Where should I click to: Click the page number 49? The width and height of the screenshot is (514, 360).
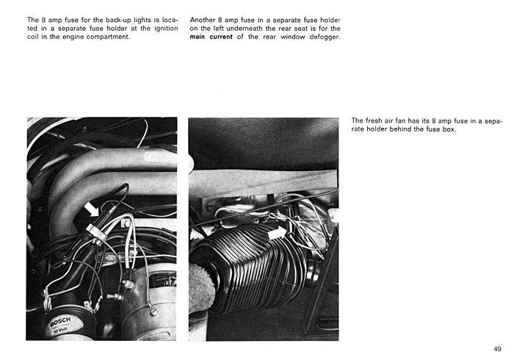coord(497,349)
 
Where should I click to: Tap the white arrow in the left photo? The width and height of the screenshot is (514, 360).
coord(91,209)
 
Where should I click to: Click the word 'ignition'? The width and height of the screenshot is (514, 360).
coord(166,29)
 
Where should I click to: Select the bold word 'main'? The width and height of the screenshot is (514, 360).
coord(198,37)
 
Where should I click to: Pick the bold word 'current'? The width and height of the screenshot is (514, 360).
coord(221,37)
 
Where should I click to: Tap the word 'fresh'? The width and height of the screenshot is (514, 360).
coord(373,120)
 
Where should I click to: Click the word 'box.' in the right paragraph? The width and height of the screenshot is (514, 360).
coord(449,129)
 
